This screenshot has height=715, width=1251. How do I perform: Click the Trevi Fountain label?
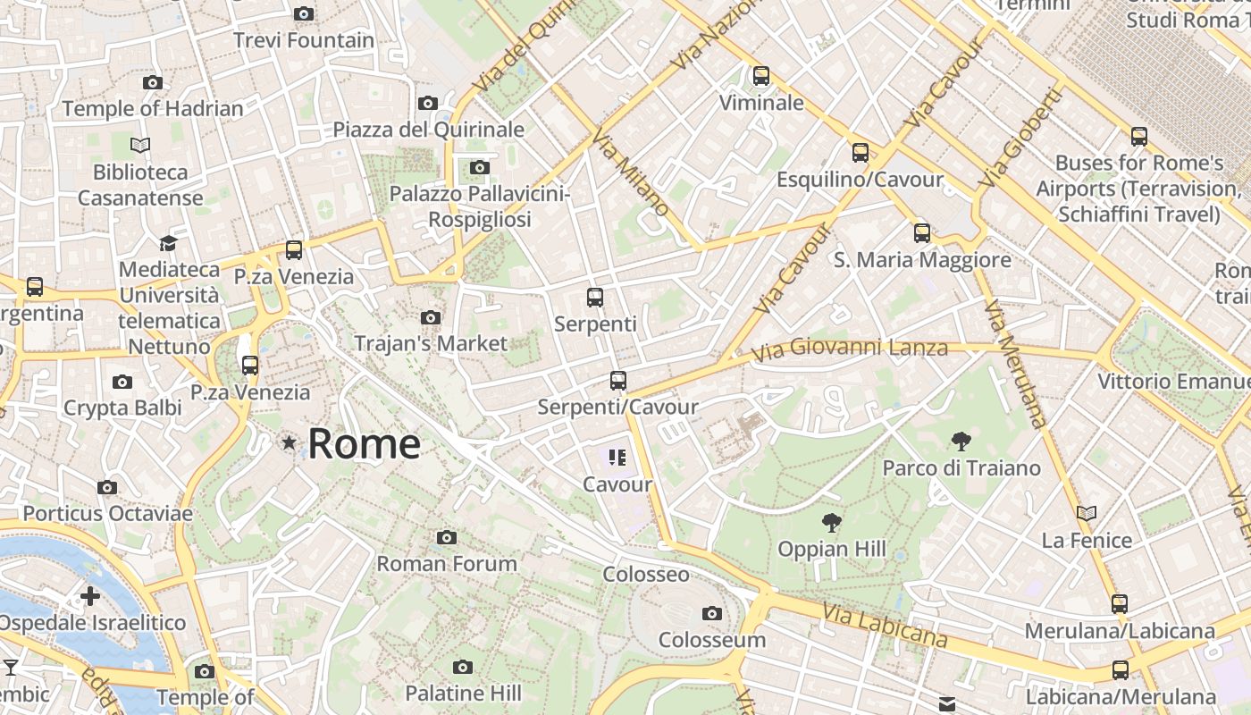pyautogui.click(x=304, y=40)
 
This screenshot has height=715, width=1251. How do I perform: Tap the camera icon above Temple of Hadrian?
pyautogui.click(x=153, y=83)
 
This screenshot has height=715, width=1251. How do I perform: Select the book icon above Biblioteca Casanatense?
pyautogui.click(x=140, y=145)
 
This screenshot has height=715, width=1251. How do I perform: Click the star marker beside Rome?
pyautogui.click(x=289, y=442)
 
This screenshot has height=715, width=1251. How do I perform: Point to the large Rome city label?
pyautogui.click(x=364, y=443)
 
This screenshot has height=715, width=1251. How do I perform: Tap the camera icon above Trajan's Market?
pyautogui.click(x=431, y=317)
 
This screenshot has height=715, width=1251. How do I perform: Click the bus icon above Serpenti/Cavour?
pyautogui.click(x=617, y=381)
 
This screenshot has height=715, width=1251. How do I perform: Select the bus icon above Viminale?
pyautogui.click(x=761, y=76)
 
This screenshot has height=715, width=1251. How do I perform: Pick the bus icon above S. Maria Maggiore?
pyautogui.click(x=922, y=233)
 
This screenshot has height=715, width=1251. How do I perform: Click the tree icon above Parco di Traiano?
pyautogui.click(x=961, y=441)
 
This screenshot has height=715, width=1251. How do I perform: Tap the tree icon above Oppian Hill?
pyautogui.click(x=832, y=522)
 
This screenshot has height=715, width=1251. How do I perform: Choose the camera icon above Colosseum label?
pyautogui.click(x=712, y=613)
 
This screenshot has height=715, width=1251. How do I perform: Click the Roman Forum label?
pyautogui.click(x=447, y=564)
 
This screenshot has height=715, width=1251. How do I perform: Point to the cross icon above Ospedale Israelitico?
pyautogui.click(x=90, y=596)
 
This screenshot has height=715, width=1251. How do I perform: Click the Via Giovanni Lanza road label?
pyautogui.click(x=849, y=349)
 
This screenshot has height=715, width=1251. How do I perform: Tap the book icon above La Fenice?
pyautogui.click(x=1087, y=514)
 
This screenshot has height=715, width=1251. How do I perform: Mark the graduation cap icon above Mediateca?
pyautogui.click(x=168, y=243)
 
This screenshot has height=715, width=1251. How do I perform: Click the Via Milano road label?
pyautogui.click(x=631, y=172)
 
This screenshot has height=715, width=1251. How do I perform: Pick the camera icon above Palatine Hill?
pyautogui.click(x=462, y=667)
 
